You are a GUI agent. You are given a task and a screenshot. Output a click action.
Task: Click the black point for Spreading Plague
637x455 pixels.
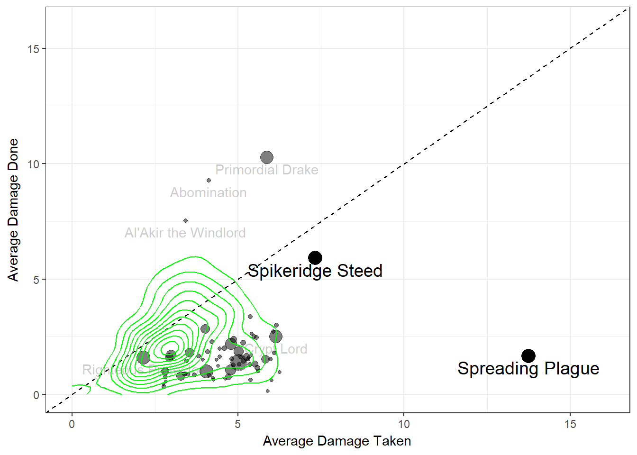tap(528, 355)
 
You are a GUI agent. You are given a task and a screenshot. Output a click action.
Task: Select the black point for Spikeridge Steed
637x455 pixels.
tap(315, 258)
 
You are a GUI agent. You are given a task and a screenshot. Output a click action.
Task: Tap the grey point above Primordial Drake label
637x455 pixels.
tap(267, 157)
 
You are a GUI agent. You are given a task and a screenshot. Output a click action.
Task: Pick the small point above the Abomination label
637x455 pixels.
tap(209, 181)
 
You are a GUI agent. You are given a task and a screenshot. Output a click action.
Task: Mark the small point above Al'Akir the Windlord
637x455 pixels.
tap(185, 221)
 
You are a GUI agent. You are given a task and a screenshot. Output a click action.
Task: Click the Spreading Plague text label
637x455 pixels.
tap(528, 369)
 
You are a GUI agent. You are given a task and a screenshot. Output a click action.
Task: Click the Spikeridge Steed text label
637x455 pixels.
tap(315, 271)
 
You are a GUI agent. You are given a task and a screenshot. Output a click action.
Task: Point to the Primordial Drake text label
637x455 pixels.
tap(266, 170)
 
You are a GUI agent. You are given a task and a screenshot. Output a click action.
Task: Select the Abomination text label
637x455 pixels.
tap(208, 193)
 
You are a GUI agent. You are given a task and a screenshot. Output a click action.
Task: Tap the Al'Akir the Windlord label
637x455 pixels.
tap(185, 233)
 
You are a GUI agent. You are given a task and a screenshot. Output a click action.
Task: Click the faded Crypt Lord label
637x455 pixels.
tap(277, 349)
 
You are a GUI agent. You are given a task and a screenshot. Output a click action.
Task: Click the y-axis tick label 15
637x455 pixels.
tap(33, 49)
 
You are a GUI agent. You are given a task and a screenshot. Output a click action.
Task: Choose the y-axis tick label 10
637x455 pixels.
tap(33, 164)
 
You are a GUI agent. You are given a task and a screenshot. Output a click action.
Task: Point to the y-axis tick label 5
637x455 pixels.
tap(36, 280)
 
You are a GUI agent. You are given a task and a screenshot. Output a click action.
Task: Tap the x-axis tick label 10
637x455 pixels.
tap(403, 424)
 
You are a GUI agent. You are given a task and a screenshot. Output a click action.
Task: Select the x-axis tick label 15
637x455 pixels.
tap(570, 424)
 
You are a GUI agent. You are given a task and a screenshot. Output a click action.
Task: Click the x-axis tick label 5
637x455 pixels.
tap(237, 424)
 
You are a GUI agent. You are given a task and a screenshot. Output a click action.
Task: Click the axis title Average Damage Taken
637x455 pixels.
tap(337, 441)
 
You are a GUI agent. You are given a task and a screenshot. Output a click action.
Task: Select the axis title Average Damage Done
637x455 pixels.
tap(13, 210)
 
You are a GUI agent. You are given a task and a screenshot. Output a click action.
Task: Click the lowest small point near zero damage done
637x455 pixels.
tap(268, 391)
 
